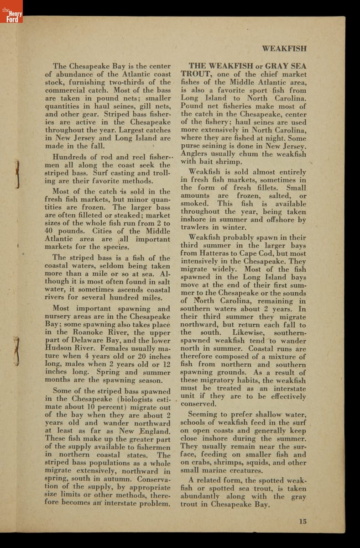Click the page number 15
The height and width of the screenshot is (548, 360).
(303, 521)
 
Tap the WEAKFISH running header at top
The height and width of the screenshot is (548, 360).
(284, 48)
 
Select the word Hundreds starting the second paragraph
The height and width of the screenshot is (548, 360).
(69, 157)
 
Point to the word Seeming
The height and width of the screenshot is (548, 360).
(205, 415)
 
